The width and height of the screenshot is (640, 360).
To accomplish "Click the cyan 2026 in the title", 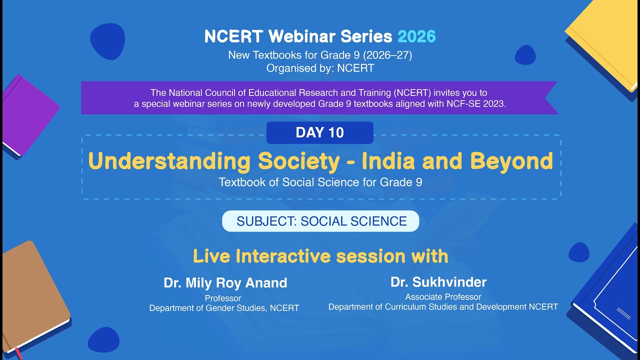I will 416,36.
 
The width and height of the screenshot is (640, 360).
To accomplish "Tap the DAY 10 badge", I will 320,132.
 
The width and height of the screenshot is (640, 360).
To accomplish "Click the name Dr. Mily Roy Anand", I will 225,283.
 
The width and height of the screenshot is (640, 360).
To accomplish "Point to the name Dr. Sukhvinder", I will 438,282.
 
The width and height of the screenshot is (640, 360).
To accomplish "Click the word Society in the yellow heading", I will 298,161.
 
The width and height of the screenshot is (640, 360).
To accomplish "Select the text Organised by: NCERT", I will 320,68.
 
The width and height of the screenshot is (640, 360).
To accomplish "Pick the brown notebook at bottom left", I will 32,295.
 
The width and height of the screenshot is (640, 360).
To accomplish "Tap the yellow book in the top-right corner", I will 607,40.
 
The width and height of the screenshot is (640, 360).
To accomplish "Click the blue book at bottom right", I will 610,295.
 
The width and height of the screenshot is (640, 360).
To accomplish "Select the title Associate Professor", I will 443,297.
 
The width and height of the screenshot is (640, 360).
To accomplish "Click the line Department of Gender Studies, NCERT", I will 224,308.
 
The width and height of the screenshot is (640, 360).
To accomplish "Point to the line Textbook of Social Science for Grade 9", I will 320,182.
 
